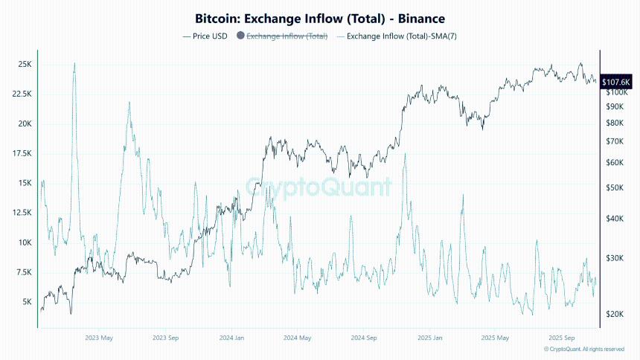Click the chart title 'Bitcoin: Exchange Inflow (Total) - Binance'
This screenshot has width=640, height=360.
tap(319, 17)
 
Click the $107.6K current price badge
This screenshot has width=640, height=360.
tap(616, 82)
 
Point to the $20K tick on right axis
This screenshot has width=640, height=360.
tap(615, 315)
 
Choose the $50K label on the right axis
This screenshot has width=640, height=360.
tap(615, 188)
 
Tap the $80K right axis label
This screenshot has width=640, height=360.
tap(615, 123)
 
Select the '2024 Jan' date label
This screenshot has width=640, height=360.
tap(231, 337)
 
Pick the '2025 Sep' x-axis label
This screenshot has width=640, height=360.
tap(560, 337)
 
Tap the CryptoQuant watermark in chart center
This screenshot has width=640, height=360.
tap(319, 187)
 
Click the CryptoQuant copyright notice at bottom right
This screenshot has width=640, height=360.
tap(583, 349)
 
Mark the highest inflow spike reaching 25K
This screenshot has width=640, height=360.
tap(74, 64)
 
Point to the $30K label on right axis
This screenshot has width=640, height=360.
tap(615, 258)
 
